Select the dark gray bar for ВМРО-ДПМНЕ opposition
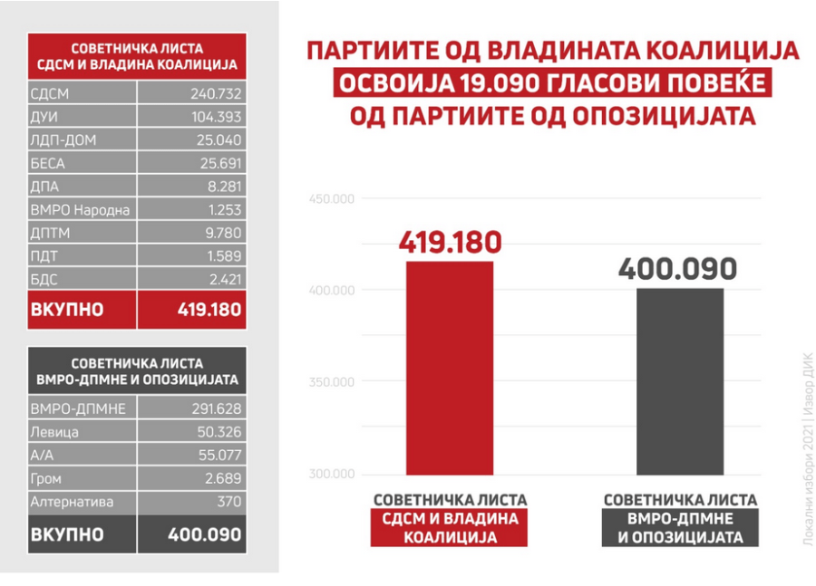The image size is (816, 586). pos(680,380)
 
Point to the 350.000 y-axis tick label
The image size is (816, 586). pos(331,382)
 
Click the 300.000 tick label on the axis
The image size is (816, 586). pos(331,475)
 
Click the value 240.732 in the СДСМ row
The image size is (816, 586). pos(216,93)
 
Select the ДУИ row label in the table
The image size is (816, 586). pos(44,117)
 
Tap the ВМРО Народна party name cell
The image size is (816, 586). pos(80,210)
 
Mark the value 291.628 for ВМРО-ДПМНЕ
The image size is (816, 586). pos(216,408)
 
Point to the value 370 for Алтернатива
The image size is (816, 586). pos(230,501)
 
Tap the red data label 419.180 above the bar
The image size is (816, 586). pos(449,243)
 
